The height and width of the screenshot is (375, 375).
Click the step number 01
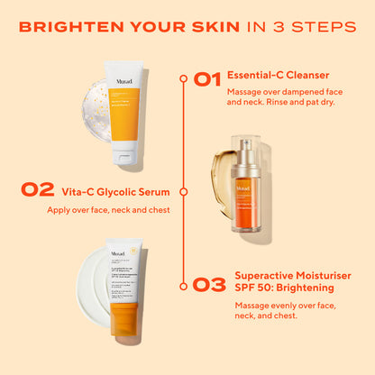(207, 79)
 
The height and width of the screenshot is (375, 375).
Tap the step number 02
(37, 191)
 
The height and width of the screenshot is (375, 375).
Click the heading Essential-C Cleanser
(279, 76)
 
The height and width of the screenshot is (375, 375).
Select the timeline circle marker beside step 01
(185, 79)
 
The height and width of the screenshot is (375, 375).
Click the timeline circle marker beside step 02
(185, 191)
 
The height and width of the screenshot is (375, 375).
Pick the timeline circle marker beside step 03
(185, 286)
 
